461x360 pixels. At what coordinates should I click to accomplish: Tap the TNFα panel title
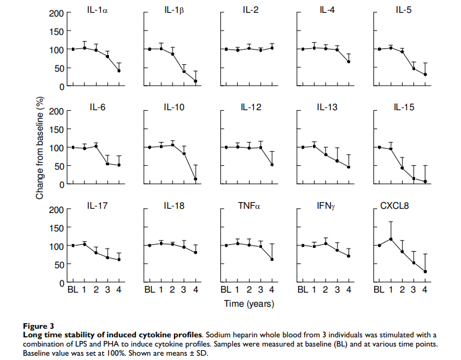[250, 206]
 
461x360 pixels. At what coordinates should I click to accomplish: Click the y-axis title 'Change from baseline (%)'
[40, 147]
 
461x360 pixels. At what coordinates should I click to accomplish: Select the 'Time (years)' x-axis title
[249, 303]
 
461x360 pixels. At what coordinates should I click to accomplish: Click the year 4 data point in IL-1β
[196, 81]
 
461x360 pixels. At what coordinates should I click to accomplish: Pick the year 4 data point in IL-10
[196, 179]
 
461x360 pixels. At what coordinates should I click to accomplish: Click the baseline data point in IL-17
[73, 246]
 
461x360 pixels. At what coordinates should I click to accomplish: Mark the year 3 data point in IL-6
[107, 163]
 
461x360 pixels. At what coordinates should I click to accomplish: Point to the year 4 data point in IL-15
[425, 181]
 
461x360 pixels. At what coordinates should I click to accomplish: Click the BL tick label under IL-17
[73, 290]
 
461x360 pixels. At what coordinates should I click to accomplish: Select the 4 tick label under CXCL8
[425, 290]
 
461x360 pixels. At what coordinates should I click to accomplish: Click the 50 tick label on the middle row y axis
[59, 166]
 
